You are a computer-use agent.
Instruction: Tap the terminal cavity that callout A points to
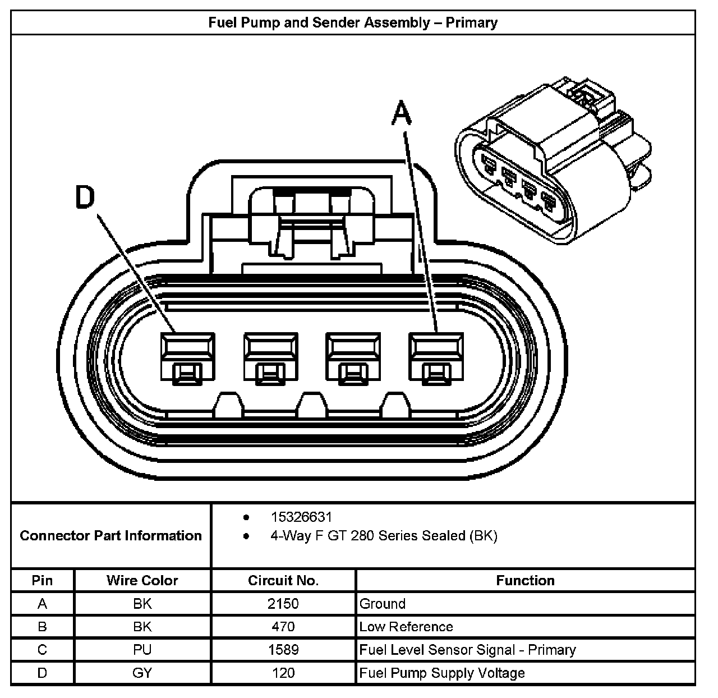click(x=436, y=358)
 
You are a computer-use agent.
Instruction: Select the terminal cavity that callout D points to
click(x=187, y=358)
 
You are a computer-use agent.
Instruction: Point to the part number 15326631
click(x=301, y=517)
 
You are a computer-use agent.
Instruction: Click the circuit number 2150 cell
click(x=283, y=604)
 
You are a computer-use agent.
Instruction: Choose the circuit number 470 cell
click(x=283, y=627)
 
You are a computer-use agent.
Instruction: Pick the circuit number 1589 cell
click(x=283, y=650)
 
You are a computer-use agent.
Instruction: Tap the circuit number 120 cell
click(x=283, y=673)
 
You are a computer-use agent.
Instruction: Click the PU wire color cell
click(x=142, y=650)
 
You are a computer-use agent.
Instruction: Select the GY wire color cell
click(x=142, y=673)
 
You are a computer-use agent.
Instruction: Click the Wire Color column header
click(x=142, y=580)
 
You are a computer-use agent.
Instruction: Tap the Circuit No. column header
click(x=283, y=580)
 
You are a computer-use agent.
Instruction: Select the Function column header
click(x=525, y=580)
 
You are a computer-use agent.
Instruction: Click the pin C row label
click(x=42, y=650)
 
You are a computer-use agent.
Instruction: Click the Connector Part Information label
click(x=111, y=535)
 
